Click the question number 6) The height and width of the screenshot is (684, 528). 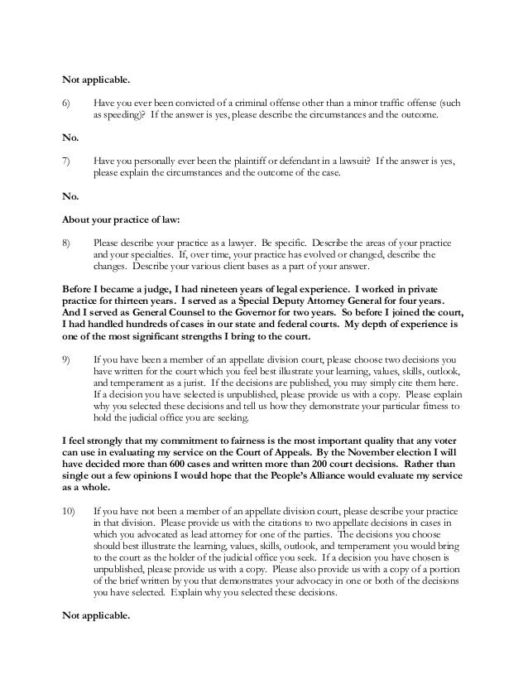click(68, 104)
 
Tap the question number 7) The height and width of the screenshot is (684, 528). click(68, 164)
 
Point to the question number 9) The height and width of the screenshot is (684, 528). click(68, 361)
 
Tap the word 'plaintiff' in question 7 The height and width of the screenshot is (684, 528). click(239, 164)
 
